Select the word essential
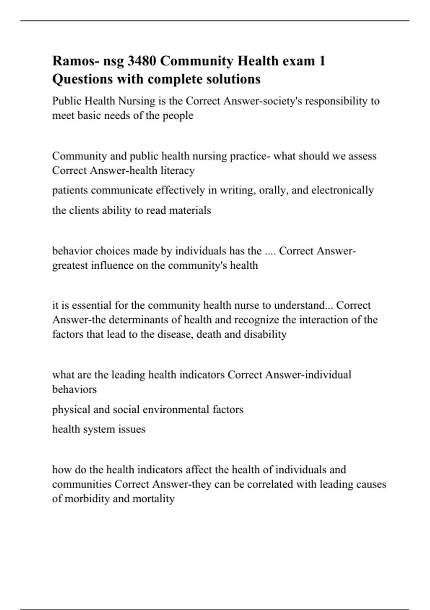[x=92, y=305]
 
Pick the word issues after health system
[x=133, y=429]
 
